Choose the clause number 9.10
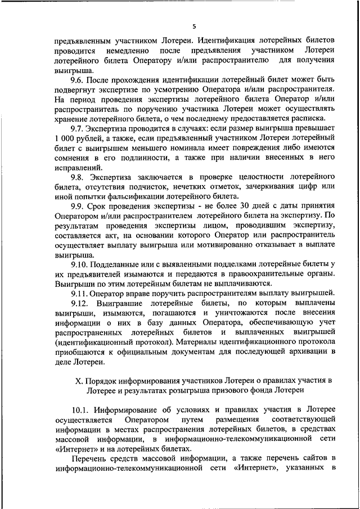pyautogui.click(x=82, y=264)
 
